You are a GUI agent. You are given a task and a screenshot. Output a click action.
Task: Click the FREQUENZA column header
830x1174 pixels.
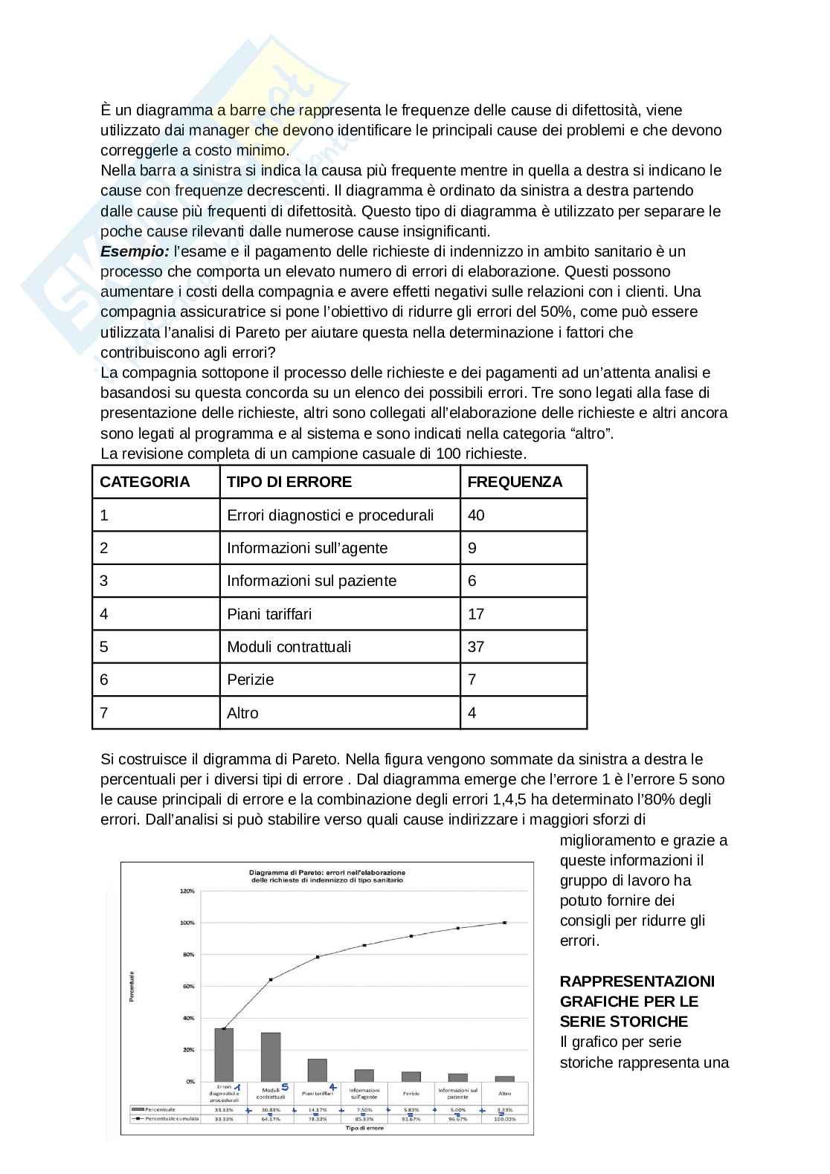tap(515, 482)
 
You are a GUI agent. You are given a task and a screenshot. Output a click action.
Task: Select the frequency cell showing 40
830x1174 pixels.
tap(476, 515)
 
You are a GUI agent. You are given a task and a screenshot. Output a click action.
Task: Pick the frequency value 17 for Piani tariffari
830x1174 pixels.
tap(476, 614)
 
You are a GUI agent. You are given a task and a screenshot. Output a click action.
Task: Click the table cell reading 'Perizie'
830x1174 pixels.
tap(251, 680)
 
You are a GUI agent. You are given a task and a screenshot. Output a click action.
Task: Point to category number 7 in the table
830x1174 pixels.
tap(104, 713)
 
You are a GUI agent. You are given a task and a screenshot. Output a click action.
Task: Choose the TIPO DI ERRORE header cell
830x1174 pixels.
tap(289, 482)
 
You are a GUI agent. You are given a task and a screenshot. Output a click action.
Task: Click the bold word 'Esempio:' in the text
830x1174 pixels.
tap(135, 251)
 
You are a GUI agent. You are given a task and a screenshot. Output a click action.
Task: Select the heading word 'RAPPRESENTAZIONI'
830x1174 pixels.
tap(637, 981)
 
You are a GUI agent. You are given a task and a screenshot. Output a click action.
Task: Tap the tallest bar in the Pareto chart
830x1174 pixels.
tap(224, 1054)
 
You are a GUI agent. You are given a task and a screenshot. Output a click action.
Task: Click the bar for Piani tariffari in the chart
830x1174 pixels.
tap(318, 1070)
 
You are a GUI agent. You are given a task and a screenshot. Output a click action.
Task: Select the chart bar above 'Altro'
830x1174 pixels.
tap(505, 1079)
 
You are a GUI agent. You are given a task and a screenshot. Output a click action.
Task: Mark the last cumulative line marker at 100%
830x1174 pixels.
tap(505, 923)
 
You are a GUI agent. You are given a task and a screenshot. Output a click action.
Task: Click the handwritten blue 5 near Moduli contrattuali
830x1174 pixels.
tap(285, 1087)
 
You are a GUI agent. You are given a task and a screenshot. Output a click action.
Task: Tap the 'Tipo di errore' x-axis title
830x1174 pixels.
tap(364, 1128)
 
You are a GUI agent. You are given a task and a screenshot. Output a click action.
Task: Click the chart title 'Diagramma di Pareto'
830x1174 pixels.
tap(327, 872)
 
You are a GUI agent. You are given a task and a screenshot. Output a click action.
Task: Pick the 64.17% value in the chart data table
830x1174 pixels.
tap(271, 1118)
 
